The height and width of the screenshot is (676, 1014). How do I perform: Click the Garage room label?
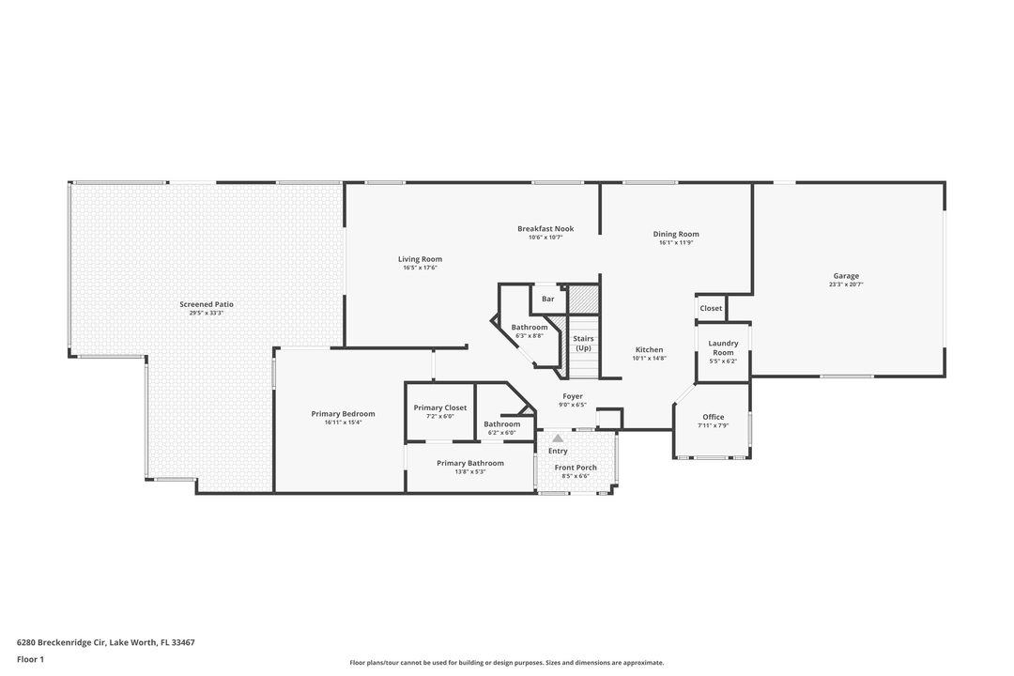(845, 276)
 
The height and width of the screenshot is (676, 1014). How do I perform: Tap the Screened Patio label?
(207, 304)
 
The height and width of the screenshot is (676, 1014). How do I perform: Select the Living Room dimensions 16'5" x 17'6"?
(420, 269)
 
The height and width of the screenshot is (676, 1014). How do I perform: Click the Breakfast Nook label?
(545, 228)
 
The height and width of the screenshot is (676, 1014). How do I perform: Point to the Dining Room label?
(676, 234)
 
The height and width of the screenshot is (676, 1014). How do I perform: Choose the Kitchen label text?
(648, 349)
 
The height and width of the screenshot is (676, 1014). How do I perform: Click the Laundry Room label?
(723, 347)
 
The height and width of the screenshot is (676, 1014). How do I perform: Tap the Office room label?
(714, 417)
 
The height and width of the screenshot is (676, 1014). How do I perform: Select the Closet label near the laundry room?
(711, 308)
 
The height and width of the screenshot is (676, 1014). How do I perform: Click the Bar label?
(547, 300)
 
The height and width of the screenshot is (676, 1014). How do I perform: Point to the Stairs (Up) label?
(583, 343)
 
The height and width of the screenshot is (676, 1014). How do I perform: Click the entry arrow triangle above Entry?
(558, 438)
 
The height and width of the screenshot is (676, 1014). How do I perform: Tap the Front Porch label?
(576, 468)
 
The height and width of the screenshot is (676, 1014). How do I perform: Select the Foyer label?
(573, 396)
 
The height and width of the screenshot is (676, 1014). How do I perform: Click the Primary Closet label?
(440, 407)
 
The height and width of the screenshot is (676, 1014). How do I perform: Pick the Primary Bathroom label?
(470, 463)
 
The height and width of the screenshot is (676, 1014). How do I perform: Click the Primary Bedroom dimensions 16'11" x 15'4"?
(344, 422)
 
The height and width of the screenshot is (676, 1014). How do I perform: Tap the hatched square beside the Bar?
(583, 300)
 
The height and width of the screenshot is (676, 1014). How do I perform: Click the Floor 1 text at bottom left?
(30, 659)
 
